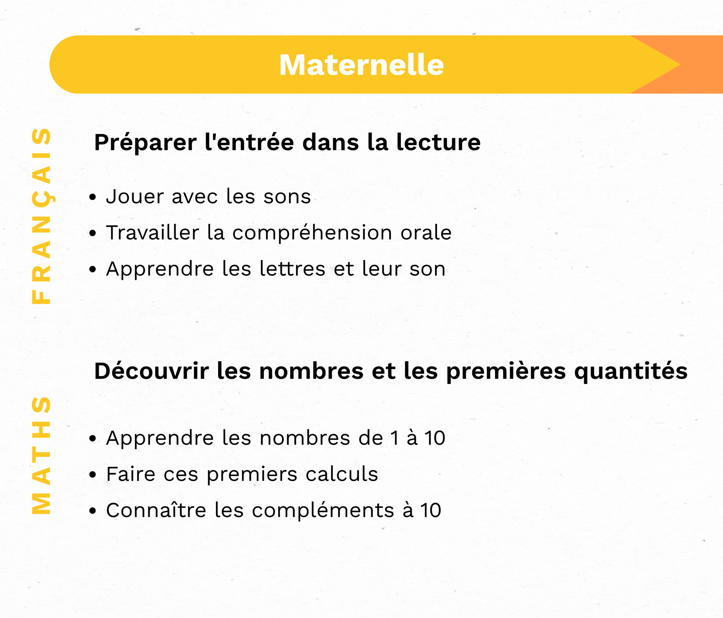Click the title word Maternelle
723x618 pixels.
point(361,65)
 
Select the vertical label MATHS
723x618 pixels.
point(41,455)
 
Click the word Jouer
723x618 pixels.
point(135,197)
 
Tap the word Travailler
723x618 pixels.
point(153,233)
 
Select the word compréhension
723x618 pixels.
point(312,233)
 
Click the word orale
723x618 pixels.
point(426,233)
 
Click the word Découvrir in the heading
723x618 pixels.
point(152,371)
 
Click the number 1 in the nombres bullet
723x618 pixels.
point(395,438)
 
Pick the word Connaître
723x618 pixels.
point(156,510)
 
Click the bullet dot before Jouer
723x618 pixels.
point(92,198)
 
